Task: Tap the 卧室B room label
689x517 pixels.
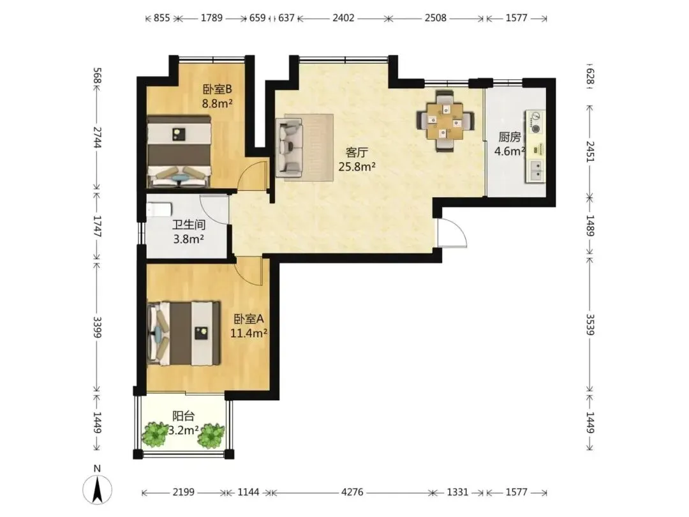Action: (217, 89)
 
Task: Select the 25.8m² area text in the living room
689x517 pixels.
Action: (357, 167)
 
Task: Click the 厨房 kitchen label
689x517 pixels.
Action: (510, 137)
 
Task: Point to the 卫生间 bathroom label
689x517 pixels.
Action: (188, 225)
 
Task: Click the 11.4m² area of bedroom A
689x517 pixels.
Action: (249, 333)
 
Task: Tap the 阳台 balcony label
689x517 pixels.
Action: (184, 416)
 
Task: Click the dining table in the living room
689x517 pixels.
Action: (445, 121)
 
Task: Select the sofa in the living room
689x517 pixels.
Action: (290, 147)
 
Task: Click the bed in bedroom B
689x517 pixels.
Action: (179, 151)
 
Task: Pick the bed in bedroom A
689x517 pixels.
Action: (184, 333)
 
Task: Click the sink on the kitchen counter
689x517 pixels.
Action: (536, 170)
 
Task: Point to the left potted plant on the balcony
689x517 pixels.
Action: (155, 435)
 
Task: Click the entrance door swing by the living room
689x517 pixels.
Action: (452, 232)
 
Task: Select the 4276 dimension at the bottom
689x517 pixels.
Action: (352, 492)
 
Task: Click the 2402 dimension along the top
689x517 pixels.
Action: (344, 18)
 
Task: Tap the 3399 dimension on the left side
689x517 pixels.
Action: (97, 327)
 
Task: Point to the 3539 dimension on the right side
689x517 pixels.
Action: (590, 324)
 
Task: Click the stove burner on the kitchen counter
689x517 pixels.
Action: (536, 129)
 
